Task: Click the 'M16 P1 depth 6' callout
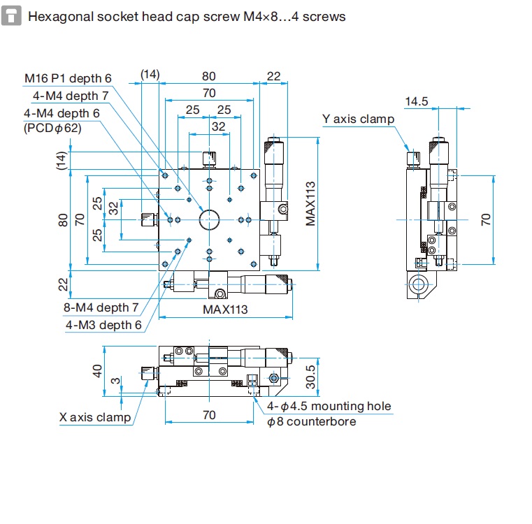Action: (x=68, y=79)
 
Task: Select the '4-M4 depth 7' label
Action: (x=71, y=96)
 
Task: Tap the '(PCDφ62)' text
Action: (x=52, y=128)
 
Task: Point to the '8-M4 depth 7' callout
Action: (x=101, y=307)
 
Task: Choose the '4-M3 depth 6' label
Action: (x=103, y=324)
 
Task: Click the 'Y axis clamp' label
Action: (x=358, y=119)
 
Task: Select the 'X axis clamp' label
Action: (x=95, y=417)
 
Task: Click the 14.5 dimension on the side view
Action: (x=416, y=102)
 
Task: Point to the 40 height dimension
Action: (x=97, y=370)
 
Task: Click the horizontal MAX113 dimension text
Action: (x=226, y=309)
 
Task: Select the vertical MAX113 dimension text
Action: (x=310, y=203)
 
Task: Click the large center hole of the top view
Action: (x=209, y=220)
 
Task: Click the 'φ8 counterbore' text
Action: (x=312, y=421)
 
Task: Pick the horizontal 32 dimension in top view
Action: (x=219, y=126)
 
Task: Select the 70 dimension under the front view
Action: (x=209, y=415)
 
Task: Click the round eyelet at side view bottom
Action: (x=418, y=284)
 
